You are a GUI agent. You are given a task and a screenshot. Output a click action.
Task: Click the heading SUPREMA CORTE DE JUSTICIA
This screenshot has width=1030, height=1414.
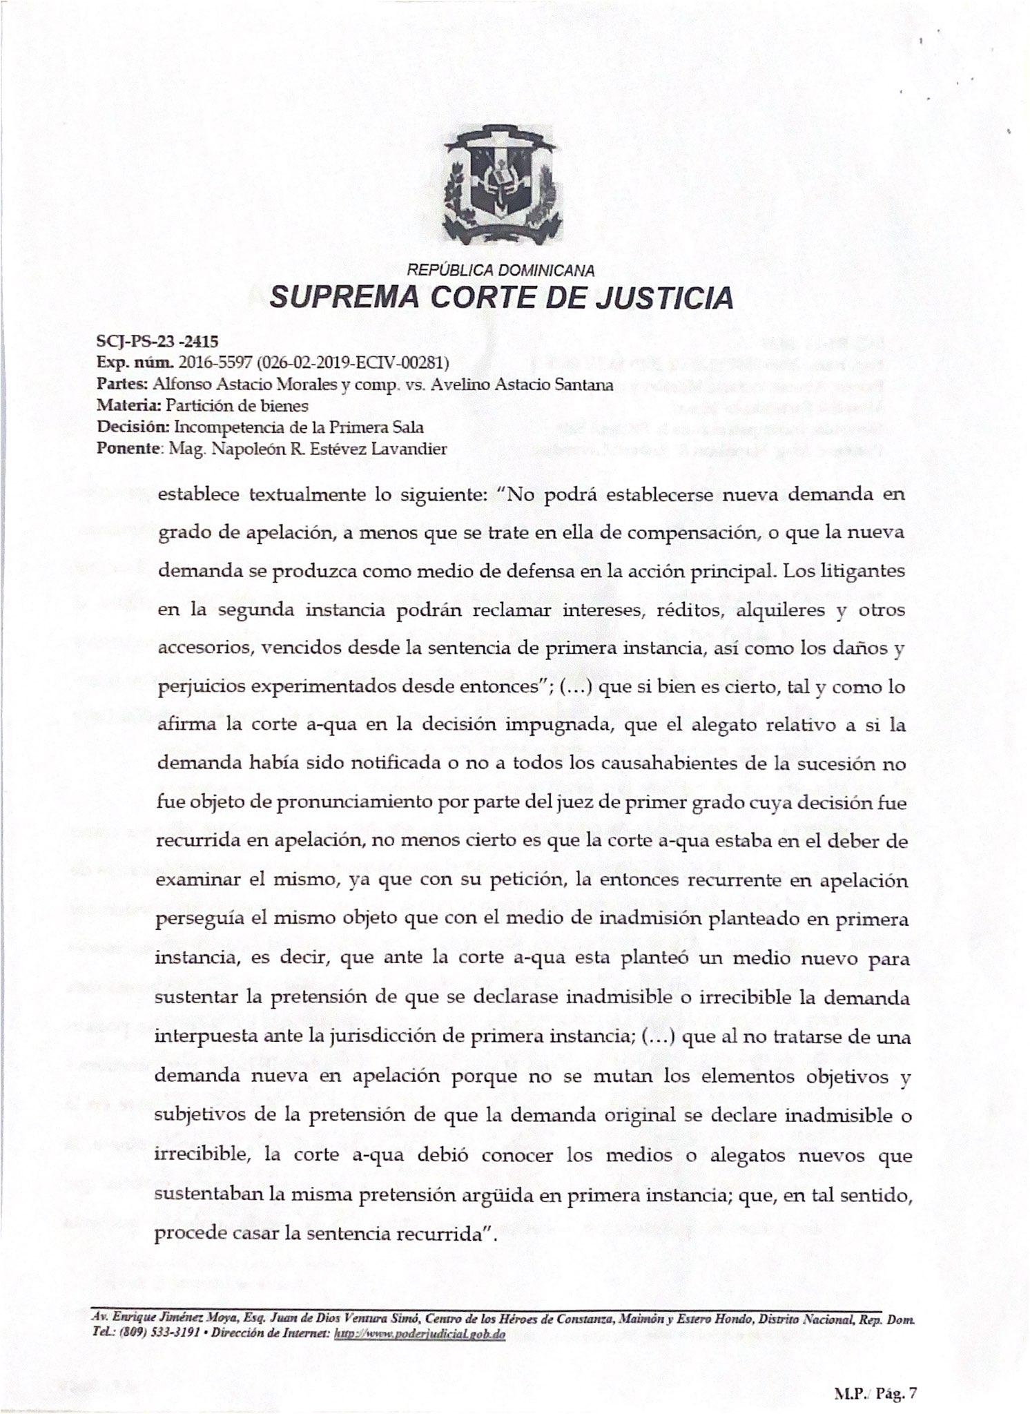pos(501,298)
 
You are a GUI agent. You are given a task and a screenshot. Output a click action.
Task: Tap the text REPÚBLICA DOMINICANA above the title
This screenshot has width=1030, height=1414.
pos(501,271)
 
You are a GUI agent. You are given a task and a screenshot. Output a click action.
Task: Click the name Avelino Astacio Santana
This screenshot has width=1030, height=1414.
pos(522,385)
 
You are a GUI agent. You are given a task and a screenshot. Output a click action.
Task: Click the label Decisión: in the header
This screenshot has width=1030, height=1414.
pos(133,427)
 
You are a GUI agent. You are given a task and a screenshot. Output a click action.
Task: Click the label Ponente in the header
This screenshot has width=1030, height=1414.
pos(128,449)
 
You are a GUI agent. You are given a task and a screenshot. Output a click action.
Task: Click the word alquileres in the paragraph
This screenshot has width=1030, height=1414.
pos(782,610)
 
